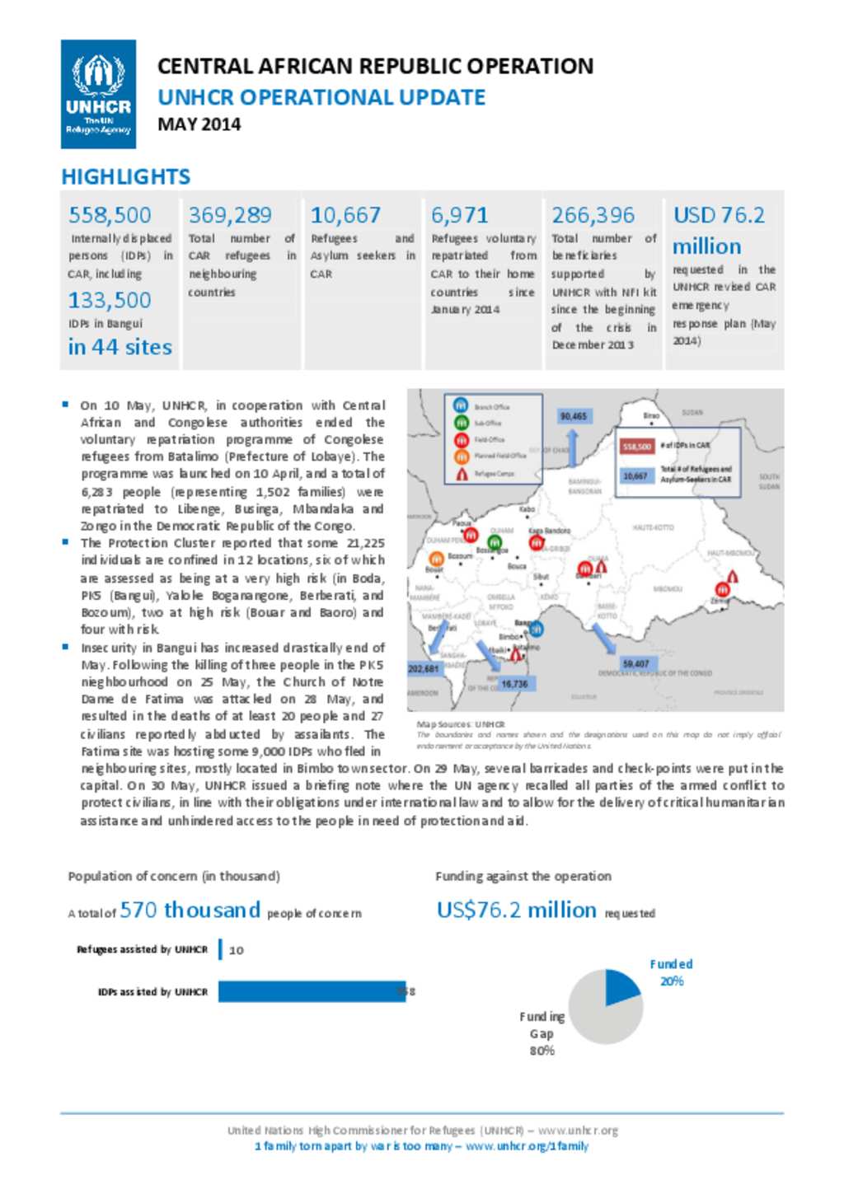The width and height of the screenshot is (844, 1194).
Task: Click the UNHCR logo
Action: pyautogui.click(x=98, y=94)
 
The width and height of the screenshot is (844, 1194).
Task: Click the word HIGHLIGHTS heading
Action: pyautogui.click(x=125, y=176)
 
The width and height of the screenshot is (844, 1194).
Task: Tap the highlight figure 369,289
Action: pyautogui.click(x=230, y=215)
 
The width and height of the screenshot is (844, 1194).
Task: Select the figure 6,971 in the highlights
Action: pyautogui.click(x=459, y=215)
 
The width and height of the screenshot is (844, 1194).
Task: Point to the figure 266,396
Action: pyautogui.click(x=593, y=215)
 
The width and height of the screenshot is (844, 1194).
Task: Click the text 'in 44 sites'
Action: pyautogui.click(x=120, y=347)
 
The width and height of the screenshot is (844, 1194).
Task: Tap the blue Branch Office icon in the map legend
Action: pyautogui.click(x=461, y=405)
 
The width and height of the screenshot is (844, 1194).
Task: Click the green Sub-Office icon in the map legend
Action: pyautogui.click(x=461, y=422)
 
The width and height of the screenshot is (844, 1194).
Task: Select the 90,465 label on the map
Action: pyautogui.click(x=574, y=416)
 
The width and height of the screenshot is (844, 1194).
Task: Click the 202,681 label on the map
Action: pyautogui.click(x=424, y=668)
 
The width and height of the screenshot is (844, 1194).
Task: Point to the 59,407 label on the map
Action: pyautogui.click(x=635, y=663)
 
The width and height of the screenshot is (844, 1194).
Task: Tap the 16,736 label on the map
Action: pyautogui.click(x=514, y=683)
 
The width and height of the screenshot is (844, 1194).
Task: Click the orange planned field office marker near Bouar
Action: pyautogui.click(x=436, y=559)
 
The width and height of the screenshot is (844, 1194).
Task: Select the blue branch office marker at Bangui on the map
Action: pyautogui.click(x=537, y=629)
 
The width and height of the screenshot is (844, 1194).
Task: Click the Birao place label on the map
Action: pyautogui.click(x=651, y=415)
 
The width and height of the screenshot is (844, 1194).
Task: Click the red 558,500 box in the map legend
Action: pyautogui.click(x=637, y=446)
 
